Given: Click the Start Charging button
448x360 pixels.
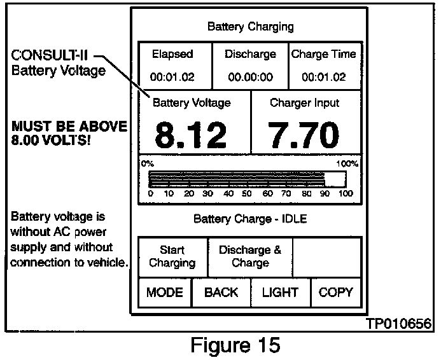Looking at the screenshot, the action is tap(172, 256).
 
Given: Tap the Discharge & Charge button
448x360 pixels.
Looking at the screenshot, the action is tap(250, 256).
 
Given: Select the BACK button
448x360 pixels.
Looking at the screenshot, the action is tap(221, 293).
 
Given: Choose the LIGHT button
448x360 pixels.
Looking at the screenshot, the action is tap(280, 293).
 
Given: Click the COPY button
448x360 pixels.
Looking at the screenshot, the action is tap(335, 293).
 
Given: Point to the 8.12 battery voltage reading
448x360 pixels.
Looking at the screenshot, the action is tap(191, 135).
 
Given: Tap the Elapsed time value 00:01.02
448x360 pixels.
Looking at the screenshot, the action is tap(172, 78).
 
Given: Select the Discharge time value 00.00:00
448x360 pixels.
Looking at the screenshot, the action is tap(250, 78).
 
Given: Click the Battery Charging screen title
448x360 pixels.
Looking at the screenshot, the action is tap(250, 27).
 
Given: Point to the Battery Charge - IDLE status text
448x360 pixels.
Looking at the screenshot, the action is tap(250, 219).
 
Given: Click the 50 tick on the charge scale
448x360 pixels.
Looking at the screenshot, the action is tap(247, 193).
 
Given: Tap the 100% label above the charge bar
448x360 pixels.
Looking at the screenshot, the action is tap(347, 163).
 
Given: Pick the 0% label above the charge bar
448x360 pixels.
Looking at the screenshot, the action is tap(147, 163).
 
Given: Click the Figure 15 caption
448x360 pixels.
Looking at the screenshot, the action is tap(235, 345).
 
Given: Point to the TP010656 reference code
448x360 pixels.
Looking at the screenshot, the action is tap(399, 324).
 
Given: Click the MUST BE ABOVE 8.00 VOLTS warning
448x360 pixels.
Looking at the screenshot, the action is tap(69, 133).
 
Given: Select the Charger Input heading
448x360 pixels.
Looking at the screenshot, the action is tap(305, 102).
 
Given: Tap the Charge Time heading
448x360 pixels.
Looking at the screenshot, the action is tap(324, 54).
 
